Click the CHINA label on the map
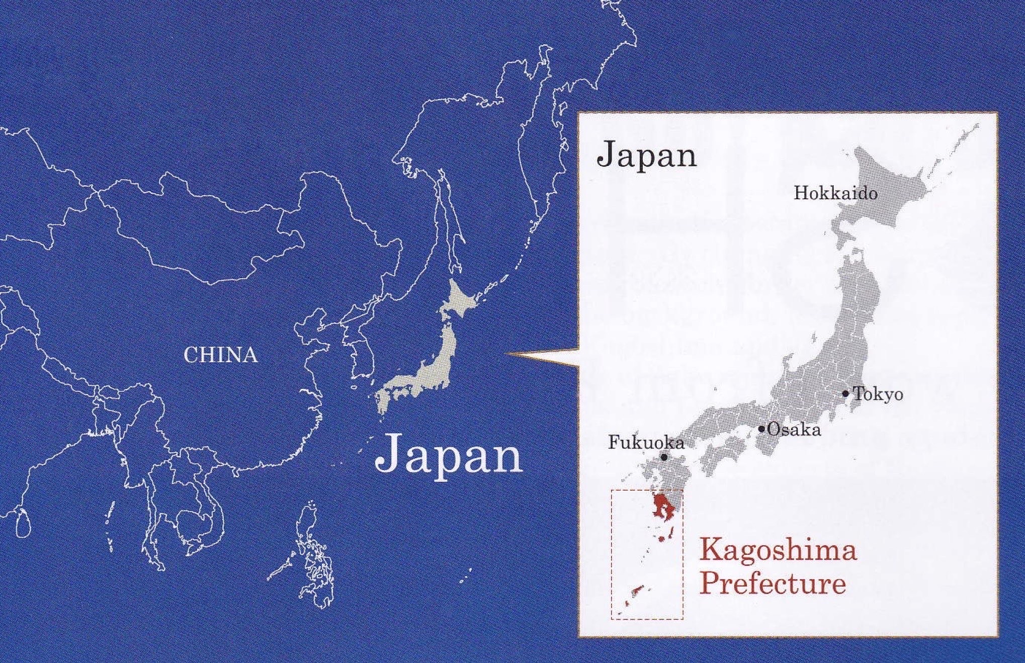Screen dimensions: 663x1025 click(220, 355)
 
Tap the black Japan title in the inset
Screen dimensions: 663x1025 click(646, 155)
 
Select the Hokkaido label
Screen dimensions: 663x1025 click(835, 194)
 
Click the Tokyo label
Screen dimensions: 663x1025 click(878, 394)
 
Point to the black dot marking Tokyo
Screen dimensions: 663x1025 click(846, 393)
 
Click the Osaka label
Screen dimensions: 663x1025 click(794, 430)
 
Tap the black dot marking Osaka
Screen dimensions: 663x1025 click(762, 429)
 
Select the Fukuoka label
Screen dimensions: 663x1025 click(646, 443)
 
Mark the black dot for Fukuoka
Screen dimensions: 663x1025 click(664, 457)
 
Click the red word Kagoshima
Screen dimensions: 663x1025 click(778, 550)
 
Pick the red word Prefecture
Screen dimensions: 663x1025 click(773, 584)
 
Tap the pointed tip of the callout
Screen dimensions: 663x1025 click(509, 355)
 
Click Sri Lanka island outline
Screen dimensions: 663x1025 click(23, 523)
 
